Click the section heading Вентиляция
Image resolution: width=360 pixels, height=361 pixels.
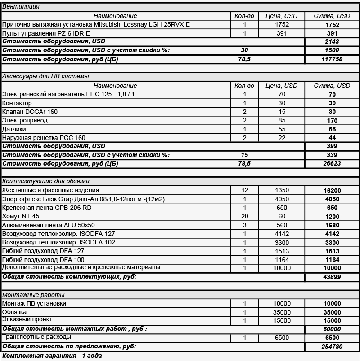pyautogui.click(x=21, y=7)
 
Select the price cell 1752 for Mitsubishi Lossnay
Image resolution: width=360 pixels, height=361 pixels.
pyautogui.click(x=281, y=25)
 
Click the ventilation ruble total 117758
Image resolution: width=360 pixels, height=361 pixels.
pyautogui.click(x=333, y=59)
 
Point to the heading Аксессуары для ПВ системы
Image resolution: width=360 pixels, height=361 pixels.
pyautogui.click(x=45, y=77)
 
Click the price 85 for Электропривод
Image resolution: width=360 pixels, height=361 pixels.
pyautogui.click(x=281, y=121)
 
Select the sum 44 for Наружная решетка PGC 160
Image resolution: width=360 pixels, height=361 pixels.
pyautogui.click(x=333, y=138)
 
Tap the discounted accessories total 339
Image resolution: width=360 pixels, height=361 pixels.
pyautogui.click(x=333, y=155)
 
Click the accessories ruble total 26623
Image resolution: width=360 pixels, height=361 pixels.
pyautogui.click(x=333, y=164)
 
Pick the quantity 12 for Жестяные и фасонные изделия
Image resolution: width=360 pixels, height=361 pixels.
pyautogui.click(x=245, y=190)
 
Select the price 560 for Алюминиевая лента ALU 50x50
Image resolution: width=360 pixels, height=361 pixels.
pyautogui.click(x=281, y=225)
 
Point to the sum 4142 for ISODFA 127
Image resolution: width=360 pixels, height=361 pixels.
pyautogui.click(x=333, y=234)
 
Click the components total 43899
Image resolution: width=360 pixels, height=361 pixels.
pyautogui.click(x=333, y=277)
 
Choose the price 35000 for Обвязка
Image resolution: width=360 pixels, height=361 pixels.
pyautogui.click(x=281, y=312)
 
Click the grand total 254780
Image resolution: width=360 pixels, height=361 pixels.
pyautogui.click(x=333, y=347)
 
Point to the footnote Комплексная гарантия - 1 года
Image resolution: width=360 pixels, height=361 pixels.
pyautogui.click(x=52, y=356)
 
